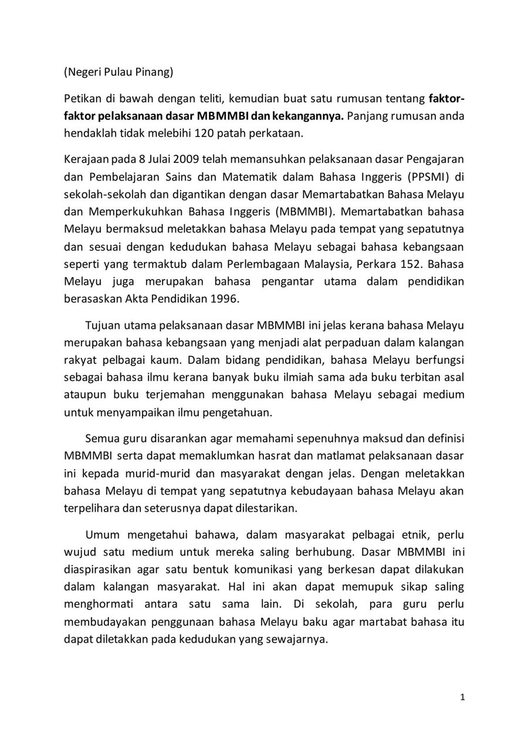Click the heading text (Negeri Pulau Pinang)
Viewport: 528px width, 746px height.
[119, 73]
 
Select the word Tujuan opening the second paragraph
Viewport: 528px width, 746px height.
[104, 325]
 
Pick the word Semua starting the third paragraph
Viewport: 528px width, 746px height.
[103, 438]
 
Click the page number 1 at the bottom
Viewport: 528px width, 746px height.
[463, 697]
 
